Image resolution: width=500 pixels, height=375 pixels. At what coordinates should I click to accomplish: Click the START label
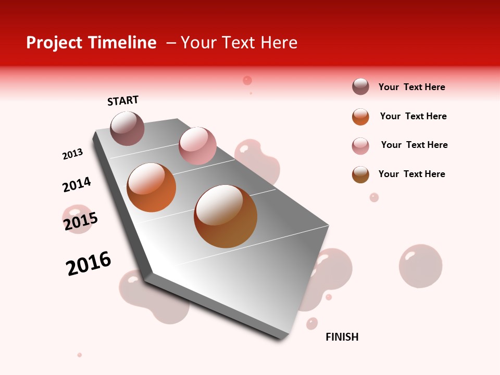(123, 101)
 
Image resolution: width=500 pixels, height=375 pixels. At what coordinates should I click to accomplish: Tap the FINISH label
(342, 337)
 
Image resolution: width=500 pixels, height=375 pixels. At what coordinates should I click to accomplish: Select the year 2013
(72, 154)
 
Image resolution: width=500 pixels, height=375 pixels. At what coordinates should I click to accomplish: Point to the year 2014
(77, 184)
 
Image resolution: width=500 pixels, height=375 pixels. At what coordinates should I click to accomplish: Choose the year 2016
(89, 263)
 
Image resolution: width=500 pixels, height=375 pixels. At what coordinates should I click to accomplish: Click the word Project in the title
(55, 43)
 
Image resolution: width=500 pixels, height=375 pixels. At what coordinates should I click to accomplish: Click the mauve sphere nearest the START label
(128, 128)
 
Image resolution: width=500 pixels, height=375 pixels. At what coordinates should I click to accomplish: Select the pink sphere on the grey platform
(197, 146)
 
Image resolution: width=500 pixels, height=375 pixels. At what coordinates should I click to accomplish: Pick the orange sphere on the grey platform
(152, 187)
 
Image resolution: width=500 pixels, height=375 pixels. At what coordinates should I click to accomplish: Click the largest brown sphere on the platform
(226, 216)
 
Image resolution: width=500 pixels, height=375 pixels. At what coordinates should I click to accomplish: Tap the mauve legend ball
(360, 86)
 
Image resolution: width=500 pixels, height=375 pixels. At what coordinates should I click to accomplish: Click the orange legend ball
(360, 117)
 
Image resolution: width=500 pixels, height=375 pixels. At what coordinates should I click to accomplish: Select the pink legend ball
(360, 146)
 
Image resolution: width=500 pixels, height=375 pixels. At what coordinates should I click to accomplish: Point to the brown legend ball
(360, 174)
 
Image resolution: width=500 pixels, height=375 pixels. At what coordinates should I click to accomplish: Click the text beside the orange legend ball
(413, 116)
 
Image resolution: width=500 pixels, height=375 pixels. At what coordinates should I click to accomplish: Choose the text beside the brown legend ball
(411, 174)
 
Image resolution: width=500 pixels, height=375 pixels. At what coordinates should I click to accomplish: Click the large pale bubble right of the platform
(420, 266)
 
